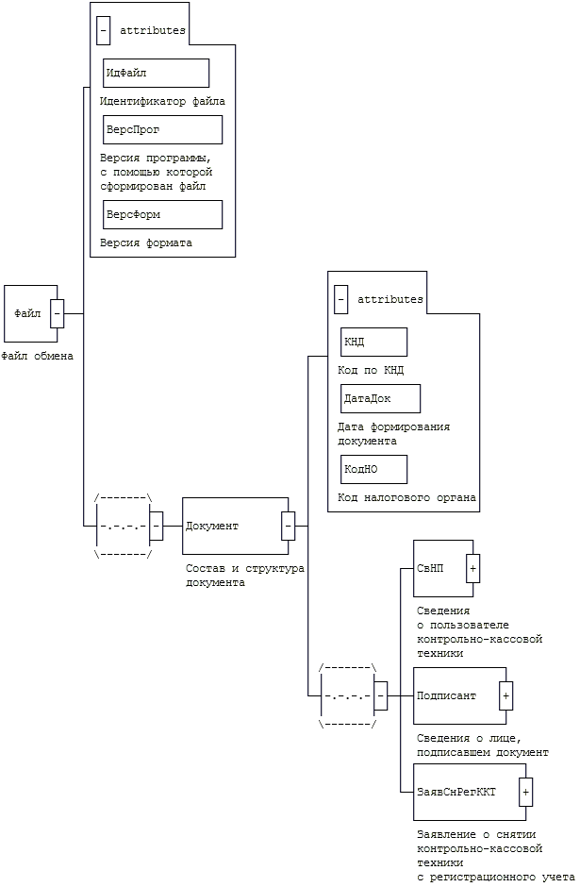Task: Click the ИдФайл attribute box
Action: pyautogui.click(x=156, y=73)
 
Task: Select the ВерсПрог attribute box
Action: pyautogui.click(x=162, y=129)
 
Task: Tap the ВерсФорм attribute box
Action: pyautogui.click(x=162, y=214)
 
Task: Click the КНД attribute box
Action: pyautogui.click(x=373, y=342)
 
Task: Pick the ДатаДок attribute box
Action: pyautogui.click(x=380, y=398)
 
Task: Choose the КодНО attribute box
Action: pyautogui.click(x=373, y=469)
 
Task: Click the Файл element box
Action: pyautogui.click(x=28, y=313)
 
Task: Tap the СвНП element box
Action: pyautogui.click(x=440, y=568)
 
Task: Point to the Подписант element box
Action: pyautogui.click(x=456, y=695)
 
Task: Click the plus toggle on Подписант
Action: pyautogui.click(x=505, y=695)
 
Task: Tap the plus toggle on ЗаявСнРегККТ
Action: pyautogui.click(x=526, y=792)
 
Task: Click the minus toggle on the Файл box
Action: pyautogui.click(x=57, y=313)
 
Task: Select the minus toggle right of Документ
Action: pyautogui.click(x=288, y=526)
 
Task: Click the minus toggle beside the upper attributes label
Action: pyautogui.click(x=103, y=30)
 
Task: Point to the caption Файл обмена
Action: pyautogui.click(x=37, y=357)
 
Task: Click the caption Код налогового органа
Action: pyautogui.click(x=406, y=497)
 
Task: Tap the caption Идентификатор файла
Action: pyautogui.click(x=162, y=101)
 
